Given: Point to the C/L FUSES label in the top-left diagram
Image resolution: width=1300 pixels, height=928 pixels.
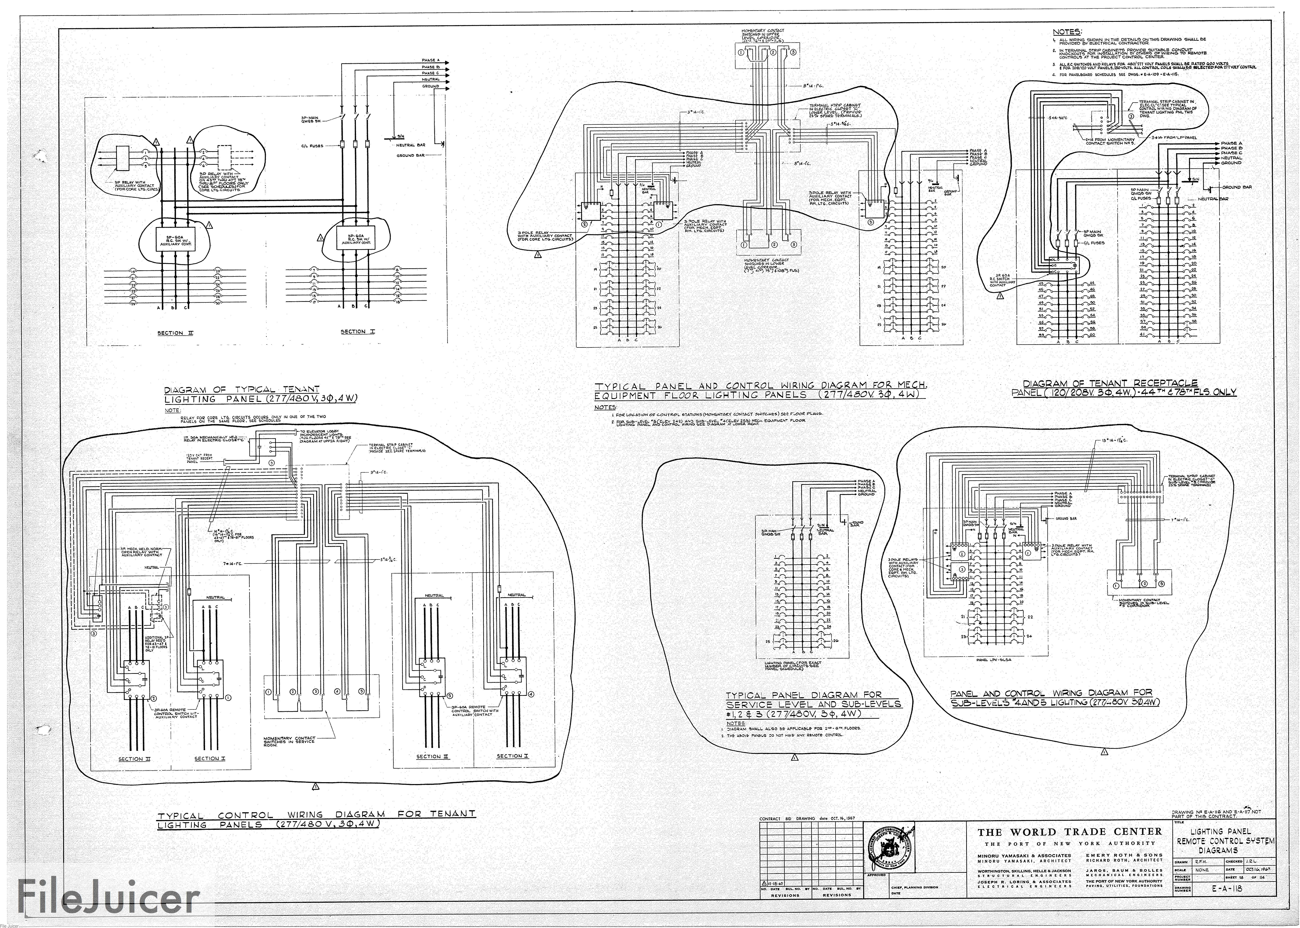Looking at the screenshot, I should pos(312,146).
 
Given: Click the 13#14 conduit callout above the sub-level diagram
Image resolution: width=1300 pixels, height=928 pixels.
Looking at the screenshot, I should pos(1101,441).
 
